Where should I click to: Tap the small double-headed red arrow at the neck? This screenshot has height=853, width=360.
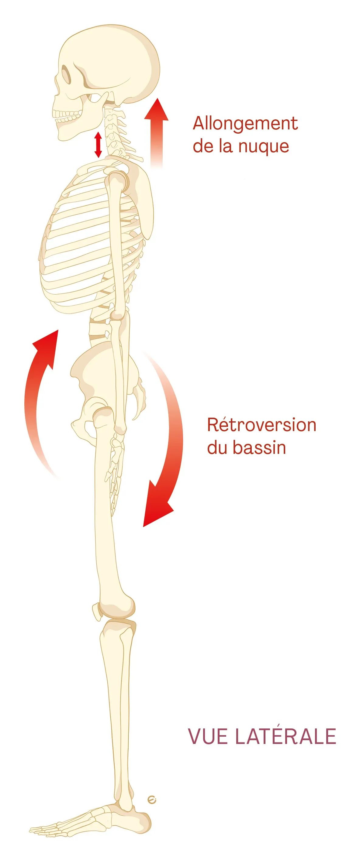98,145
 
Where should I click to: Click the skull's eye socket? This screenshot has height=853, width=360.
66,74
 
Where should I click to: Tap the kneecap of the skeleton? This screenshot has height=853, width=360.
96,611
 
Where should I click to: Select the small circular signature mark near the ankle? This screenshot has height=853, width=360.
152,800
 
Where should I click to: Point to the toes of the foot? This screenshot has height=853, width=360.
47,830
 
